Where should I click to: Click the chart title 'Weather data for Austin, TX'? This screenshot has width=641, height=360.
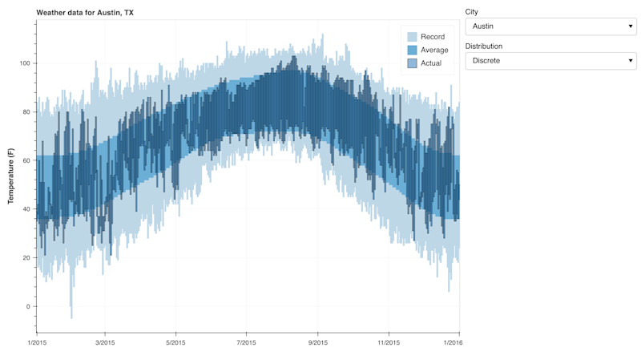coord(85,13)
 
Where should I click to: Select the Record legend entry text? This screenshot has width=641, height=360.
coord(433,37)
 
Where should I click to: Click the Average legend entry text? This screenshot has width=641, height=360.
coord(434,50)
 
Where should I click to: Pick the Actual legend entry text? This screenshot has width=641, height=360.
coord(431,63)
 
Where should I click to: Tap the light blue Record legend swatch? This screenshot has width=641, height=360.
coord(412,37)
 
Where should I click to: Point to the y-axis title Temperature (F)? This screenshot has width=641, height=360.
coord(10,176)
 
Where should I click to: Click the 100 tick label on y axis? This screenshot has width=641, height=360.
coord(25,63)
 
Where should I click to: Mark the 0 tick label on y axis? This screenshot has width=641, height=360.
coord(27,306)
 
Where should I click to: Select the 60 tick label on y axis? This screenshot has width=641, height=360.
coord(26,160)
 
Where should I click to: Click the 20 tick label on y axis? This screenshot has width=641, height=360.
coord(26,257)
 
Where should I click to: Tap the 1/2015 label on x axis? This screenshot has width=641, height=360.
coord(37,343)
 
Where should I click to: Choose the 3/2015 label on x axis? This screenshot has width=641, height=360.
coord(105,343)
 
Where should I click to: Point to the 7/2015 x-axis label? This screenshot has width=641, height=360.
coord(247,343)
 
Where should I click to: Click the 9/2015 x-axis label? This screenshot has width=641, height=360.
coord(318,343)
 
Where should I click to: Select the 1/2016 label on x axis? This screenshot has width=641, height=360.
coord(459,343)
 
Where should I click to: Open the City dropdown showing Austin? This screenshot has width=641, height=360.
coord(550,26)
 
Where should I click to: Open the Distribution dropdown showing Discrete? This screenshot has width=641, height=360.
coord(550,61)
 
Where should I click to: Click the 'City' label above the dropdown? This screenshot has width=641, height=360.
coord(472,12)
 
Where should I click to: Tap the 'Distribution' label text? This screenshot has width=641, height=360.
coord(484,47)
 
